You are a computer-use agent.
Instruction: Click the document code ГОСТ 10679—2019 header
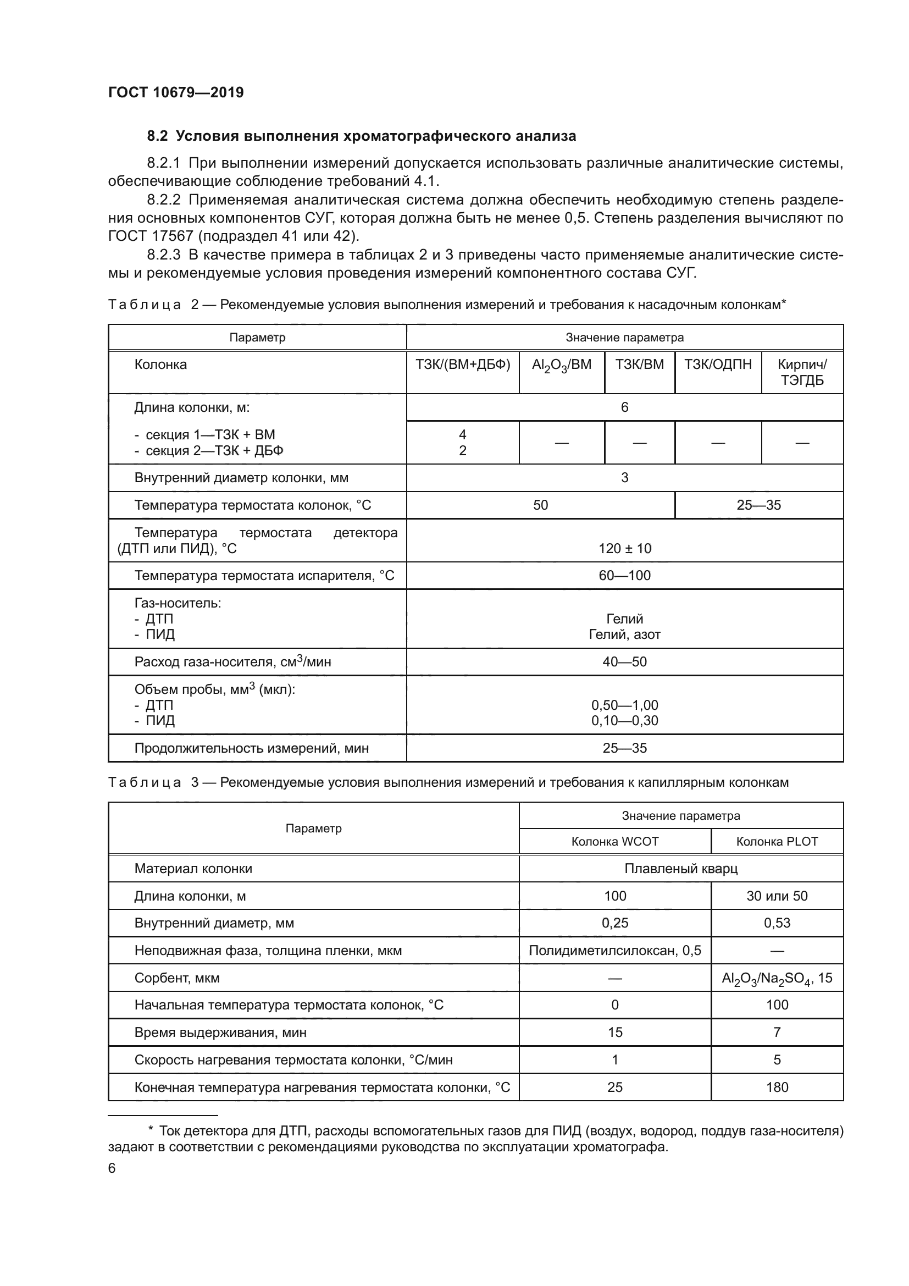pyautogui.click(x=176, y=92)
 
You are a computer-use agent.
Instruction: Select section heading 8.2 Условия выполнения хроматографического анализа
pyautogui.click(x=361, y=136)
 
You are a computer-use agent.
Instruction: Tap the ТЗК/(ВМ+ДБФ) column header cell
pyautogui.click(x=462, y=365)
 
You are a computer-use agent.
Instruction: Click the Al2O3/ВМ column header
pyautogui.click(x=562, y=365)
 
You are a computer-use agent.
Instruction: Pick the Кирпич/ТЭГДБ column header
pyautogui.click(x=801, y=372)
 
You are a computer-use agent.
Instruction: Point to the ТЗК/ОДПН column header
pyautogui.click(x=718, y=365)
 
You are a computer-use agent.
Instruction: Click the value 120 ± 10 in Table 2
pyautogui.click(x=625, y=548)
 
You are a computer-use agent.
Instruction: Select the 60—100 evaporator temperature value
pyautogui.click(x=625, y=576)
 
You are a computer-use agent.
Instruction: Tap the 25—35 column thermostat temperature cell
pyautogui.click(x=758, y=505)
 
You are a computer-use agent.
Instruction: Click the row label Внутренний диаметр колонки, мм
pyautogui.click(x=241, y=478)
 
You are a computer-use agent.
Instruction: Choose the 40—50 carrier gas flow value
pyautogui.click(x=625, y=662)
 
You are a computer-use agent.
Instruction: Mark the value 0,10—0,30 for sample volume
pyautogui.click(x=625, y=721)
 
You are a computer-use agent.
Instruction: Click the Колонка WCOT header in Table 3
pyautogui.click(x=614, y=841)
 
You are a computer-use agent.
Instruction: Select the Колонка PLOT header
pyautogui.click(x=777, y=841)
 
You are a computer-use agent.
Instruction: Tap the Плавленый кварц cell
pyautogui.click(x=680, y=869)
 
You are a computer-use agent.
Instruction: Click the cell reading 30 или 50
pyautogui.click(x=777, y=896)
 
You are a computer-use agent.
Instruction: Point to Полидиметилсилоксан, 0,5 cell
pyautogui.click(x=614, y=951)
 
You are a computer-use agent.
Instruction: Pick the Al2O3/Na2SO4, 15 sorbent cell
pyautogui.click(x=777, y=979)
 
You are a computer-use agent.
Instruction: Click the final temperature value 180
pyautogui.click(x=777, y=1087)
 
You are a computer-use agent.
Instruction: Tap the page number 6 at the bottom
pyautogui.click(x=112, y=1168)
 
